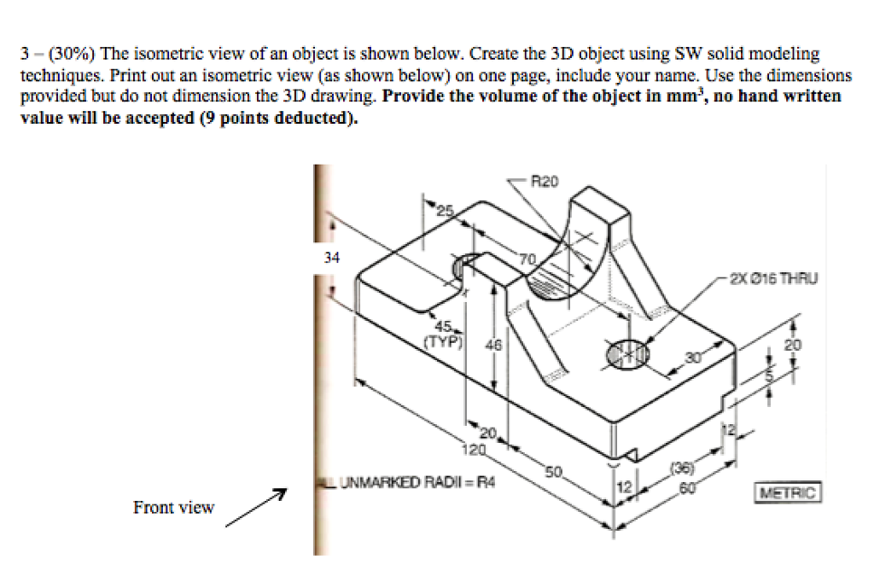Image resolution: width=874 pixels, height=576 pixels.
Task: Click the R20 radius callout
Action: [x=544, y=181]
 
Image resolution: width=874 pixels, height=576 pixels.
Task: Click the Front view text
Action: [x=173, y=508]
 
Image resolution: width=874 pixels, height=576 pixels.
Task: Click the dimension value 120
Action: [x=473, y=448]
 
